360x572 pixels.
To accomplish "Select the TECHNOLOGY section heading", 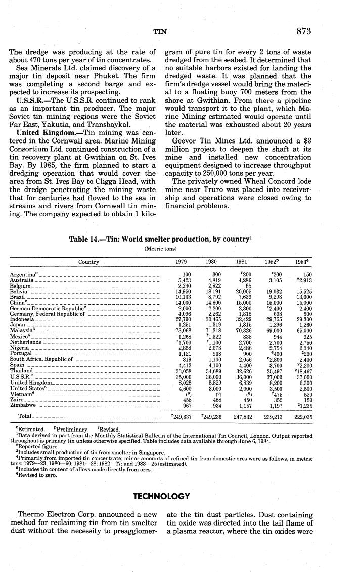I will pyautogui.click(x=161, y=482).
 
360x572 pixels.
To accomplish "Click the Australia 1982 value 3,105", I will pyautogui.click(x=274, y=279).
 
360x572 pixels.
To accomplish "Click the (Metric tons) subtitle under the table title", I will pyautogui.click(x=161, y=248).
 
